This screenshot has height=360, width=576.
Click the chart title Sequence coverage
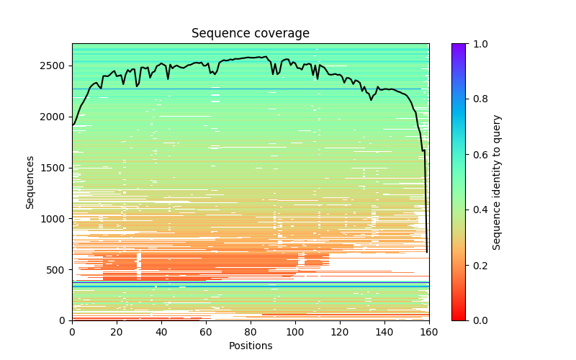point(251,33)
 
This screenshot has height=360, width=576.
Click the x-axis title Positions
point(251,346)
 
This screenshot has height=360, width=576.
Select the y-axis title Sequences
point(30,181)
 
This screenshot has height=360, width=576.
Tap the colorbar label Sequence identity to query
point(497,181)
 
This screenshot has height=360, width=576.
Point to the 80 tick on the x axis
point(251,320)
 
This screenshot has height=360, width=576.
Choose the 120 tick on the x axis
point(340,320)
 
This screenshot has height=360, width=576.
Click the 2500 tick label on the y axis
point(54,66)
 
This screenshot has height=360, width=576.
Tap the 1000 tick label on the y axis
point(54,219)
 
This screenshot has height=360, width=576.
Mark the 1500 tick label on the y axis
point(54,168)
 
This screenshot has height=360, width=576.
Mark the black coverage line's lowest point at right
point(427,252)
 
